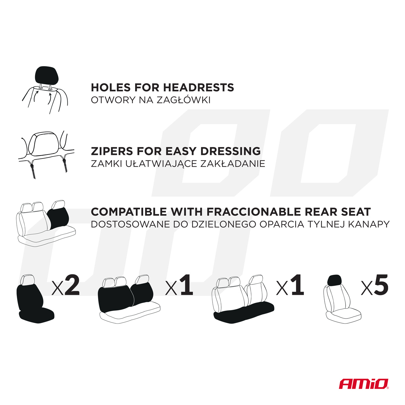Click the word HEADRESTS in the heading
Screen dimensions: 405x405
coord(199,87)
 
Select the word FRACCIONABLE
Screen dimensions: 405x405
coord(254,212)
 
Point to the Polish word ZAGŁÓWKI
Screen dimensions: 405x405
coord(183,100)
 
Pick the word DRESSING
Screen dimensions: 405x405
coord(231,151)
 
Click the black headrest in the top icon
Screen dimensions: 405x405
coord(47,75)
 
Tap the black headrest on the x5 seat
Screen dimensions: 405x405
coord(335,280)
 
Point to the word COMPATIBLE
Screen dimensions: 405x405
coord(129,212)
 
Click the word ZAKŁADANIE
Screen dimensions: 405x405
coord(233,164)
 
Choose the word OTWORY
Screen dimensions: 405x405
coord(113,100)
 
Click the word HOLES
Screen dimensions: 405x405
coord(111,87)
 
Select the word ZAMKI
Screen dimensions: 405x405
coord(107,164)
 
